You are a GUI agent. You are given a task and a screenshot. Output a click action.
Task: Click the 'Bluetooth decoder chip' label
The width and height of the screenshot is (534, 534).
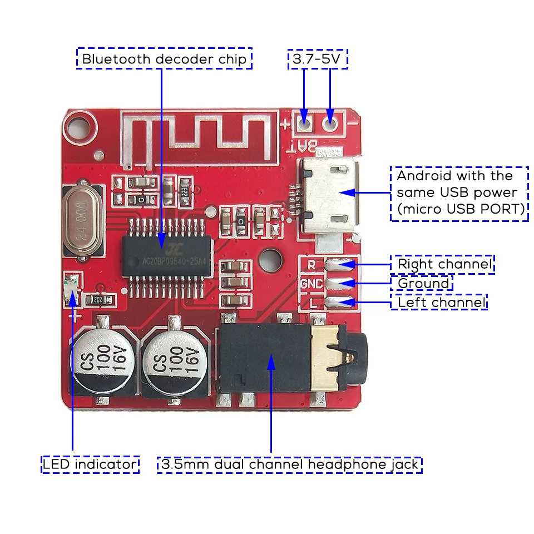(164, 59)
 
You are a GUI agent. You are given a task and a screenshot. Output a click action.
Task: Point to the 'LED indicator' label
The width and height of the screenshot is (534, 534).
(90, 464)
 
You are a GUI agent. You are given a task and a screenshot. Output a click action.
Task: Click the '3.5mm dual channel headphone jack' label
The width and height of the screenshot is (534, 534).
(290, 464)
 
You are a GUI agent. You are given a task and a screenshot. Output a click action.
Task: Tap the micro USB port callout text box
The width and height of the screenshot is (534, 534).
(459, 193)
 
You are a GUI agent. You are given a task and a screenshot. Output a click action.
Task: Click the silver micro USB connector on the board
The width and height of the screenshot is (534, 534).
(329, 195)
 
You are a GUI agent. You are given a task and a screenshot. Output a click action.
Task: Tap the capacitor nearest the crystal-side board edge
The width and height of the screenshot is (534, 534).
(101, 355)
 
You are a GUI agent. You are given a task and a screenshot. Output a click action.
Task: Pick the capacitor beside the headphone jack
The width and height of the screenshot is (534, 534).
(172, 357)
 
